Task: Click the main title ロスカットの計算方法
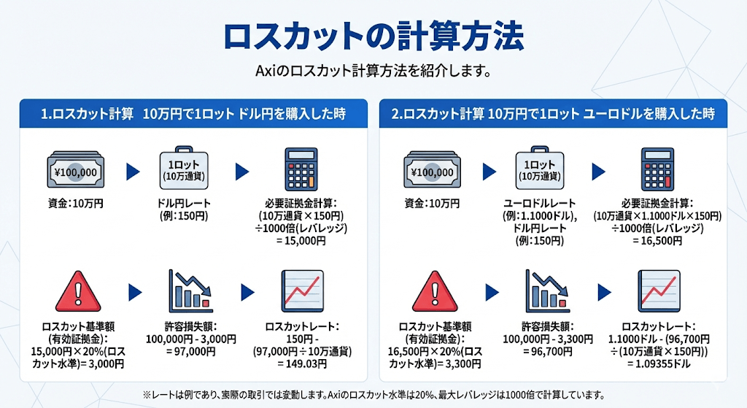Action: (x=373, y=36)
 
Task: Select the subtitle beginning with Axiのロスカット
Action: (x=373, y=72)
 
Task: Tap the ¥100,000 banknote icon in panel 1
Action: (x=75, y=170)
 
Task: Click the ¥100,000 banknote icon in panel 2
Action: (x=432, y=170)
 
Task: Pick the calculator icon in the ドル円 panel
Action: (x=301, y=169)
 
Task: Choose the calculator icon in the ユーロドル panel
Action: (x=657, y=169)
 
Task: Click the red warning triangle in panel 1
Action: (x=78, y=291)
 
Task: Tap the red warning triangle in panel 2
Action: (x=435, y=291)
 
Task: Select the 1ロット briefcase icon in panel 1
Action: (x=184, y=169)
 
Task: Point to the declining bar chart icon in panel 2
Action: (x=547, y=291)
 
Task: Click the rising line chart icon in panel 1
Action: (x=303, y=291)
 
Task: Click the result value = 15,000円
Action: (x=301, y=241)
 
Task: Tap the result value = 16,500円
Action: (x=657, y=241)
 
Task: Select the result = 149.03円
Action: (x=302, y=364)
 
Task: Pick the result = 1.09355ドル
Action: (x=659, y=364)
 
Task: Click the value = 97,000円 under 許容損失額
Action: (x=191, y=352)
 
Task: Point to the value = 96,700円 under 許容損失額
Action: (x=548, y=352)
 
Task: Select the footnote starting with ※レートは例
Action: (x=373, y=395)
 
